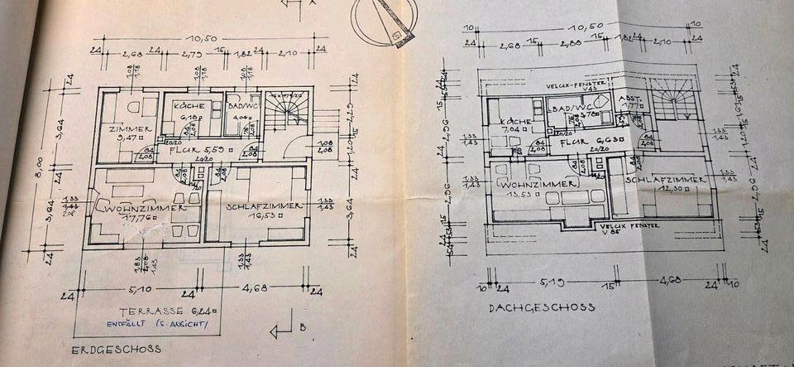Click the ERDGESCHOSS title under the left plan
click(116, 350)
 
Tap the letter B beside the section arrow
click(304, 327)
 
